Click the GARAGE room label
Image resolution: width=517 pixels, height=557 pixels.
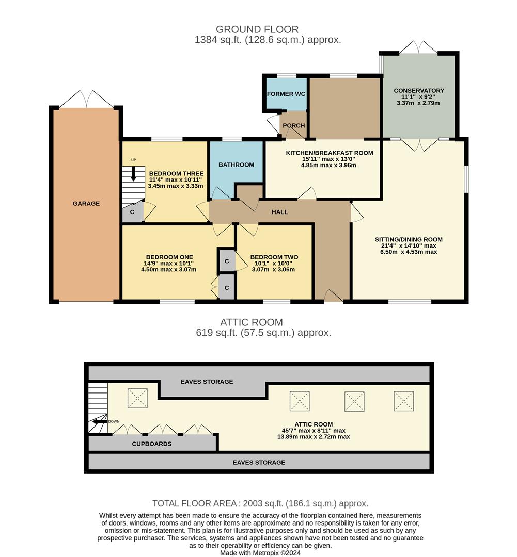coord(86,204)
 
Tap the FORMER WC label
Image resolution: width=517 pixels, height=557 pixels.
coord(286,94)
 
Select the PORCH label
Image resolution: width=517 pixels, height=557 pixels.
coord(293,125)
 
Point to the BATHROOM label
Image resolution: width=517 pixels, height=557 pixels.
coord(236,165)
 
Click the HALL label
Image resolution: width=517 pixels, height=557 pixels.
coord(279,212)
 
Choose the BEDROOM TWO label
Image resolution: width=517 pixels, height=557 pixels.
coord(274,257)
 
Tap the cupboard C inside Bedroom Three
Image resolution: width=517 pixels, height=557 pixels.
coord(132,212)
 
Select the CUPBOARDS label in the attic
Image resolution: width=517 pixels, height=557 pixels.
coord(152,444)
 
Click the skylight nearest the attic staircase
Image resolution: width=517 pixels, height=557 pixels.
coord(137,398)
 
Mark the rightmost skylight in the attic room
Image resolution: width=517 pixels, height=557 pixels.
coord(403,401)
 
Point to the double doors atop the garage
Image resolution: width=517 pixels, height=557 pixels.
coord(86,99)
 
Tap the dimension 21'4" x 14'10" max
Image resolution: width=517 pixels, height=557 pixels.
coord(409,245)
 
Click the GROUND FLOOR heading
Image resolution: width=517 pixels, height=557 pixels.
coord(257,29)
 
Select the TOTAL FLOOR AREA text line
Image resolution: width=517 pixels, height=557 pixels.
coord(260,503)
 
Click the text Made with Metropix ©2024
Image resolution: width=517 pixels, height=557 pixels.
coord(260,552)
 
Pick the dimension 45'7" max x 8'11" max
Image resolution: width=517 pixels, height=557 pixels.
coord(313,430)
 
